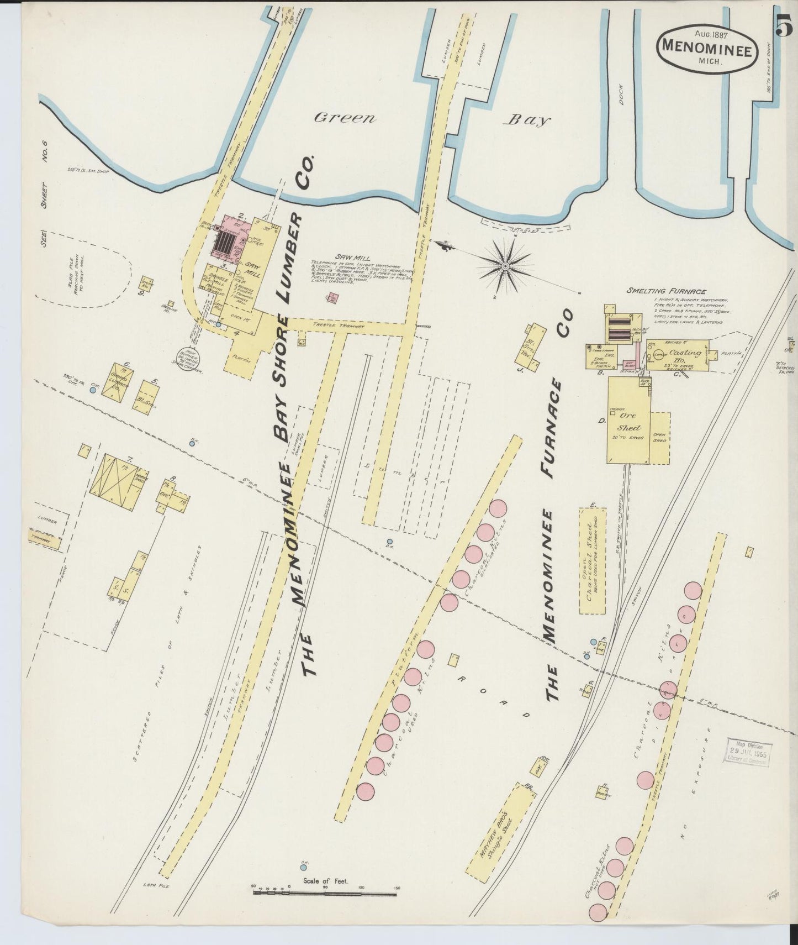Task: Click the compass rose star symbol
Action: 505,267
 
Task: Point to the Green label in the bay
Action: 344,118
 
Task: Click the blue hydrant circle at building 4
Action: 219,325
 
